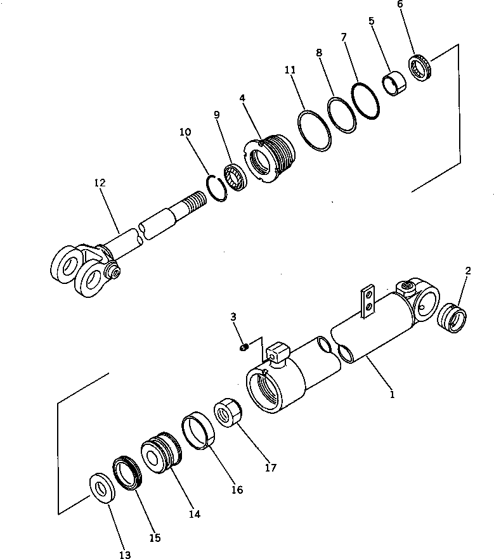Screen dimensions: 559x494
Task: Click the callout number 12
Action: click(x=100, y=183)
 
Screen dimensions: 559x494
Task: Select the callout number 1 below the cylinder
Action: click(x=392, y=394)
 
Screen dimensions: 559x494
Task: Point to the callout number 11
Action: click(x=290, y=70)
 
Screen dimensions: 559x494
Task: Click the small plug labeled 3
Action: click(x=244, y=347)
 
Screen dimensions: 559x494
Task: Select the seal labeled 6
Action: click(x=419, y=68)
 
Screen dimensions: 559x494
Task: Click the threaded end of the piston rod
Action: click(x=192, y=208)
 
